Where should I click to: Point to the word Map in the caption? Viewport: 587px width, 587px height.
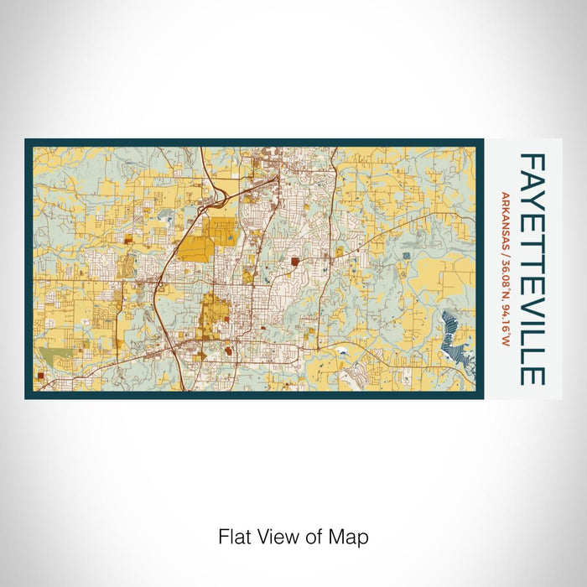pyautogui.click(x=348, y=536)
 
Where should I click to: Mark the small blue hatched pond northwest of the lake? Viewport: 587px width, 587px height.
pyautogui.click(x=407, y=256)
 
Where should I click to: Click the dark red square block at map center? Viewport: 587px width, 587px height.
pyautogui.click(x=295, y=262)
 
